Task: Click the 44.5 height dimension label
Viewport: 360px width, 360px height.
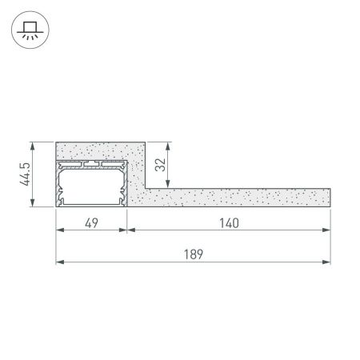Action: (26, 175)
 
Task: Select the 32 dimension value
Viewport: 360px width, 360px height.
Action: (161, 166)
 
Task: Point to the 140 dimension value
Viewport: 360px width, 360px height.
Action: (230, 222)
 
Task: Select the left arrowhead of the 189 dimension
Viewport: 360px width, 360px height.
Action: (58, 261)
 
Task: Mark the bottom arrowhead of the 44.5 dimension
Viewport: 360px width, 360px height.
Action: (33, 205)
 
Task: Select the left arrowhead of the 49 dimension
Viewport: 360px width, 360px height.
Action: (58, 230)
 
